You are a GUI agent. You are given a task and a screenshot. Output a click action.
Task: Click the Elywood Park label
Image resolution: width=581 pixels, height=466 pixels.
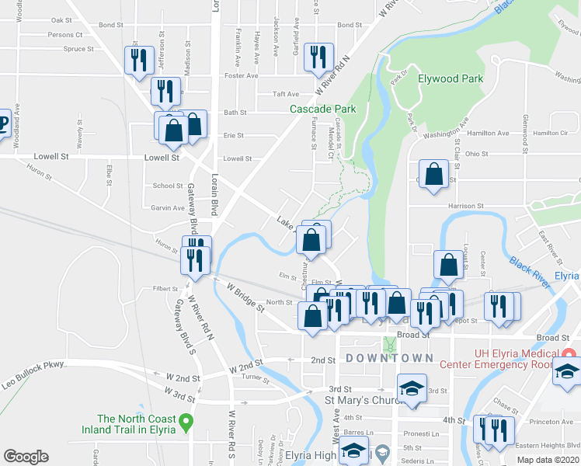(451, 78)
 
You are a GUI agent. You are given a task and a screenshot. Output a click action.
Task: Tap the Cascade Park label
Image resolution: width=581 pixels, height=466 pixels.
(323, 110)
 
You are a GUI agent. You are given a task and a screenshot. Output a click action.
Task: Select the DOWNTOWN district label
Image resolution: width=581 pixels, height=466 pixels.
(389, 358)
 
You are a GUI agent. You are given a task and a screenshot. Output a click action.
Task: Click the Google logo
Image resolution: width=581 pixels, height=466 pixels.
(26, 456)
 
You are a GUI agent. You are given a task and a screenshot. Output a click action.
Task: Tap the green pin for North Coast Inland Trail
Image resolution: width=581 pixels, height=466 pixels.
(186, 423)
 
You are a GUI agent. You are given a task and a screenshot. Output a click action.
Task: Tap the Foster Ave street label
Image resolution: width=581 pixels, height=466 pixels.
(241, 75)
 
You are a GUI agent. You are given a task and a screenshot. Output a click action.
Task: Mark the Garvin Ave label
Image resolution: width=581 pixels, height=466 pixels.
(168, 208)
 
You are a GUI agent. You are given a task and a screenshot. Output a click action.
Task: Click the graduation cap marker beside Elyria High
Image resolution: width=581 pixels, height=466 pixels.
(354, 451)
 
